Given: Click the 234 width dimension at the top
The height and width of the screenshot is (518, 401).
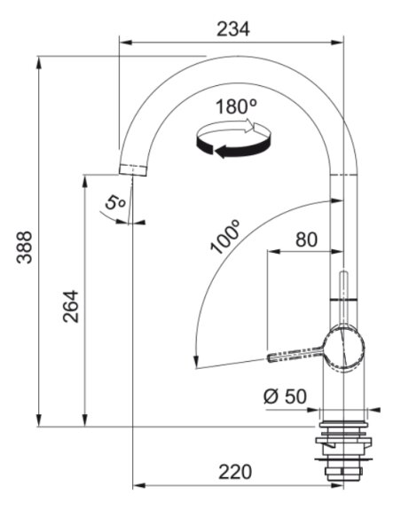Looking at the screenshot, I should pyautogui.click(x=232, y=27).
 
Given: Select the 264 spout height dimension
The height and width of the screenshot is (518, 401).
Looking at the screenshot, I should pyautogui.click(x=70, y=305).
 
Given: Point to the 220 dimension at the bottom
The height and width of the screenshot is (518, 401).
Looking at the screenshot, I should pyautogui.click(x=236, y=471).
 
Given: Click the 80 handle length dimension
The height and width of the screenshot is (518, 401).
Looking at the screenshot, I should pyautogui.click(x=304, y=239).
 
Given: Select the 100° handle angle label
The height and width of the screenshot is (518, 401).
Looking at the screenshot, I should pyautogui.click(x=226, y=237).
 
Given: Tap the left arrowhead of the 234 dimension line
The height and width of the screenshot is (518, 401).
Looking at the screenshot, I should pyautogui.click(x=124, y=41).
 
